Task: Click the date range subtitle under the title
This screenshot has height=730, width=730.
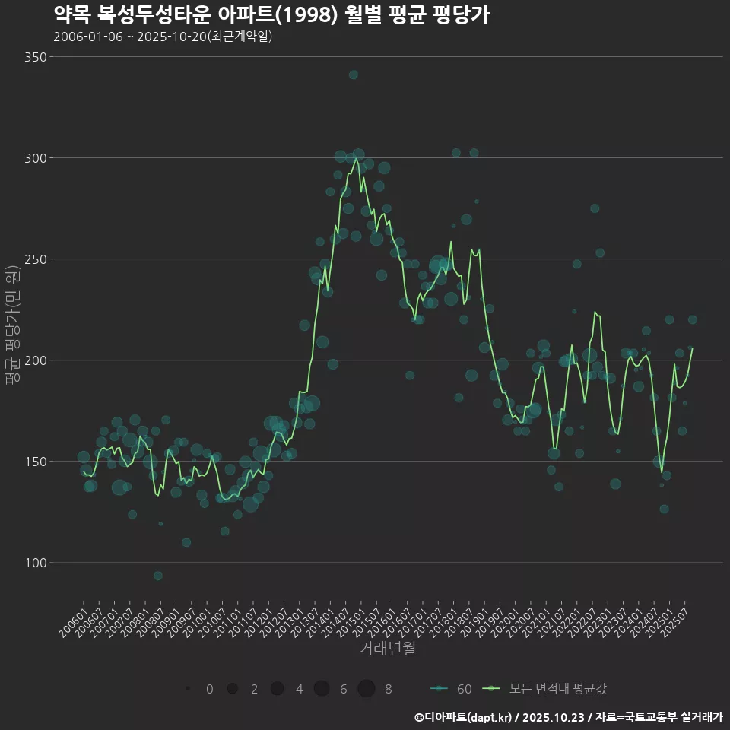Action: coord(163,36)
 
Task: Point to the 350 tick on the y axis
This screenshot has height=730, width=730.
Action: coord(36,57)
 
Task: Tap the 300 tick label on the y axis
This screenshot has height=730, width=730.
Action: coord(36,158)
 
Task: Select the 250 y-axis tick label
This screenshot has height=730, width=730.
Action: coord(36,259)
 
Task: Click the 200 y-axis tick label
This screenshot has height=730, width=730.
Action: coord(36,360)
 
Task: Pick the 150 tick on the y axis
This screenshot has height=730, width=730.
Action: coord(36,462)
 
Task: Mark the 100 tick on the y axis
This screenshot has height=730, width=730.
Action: coord(36,563)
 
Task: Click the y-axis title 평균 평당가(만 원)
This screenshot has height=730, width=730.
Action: coord(11,327)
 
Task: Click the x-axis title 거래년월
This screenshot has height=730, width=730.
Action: coord(387,649)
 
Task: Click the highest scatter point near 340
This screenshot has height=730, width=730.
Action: coord(353,75)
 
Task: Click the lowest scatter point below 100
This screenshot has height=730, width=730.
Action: coord(157,576)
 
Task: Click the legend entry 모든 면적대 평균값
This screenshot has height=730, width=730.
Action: coord(547,689)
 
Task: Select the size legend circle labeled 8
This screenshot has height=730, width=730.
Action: coord(367,689)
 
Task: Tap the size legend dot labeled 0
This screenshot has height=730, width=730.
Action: coord(187,689)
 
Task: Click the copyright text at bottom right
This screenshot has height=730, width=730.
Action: coord(568,717)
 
